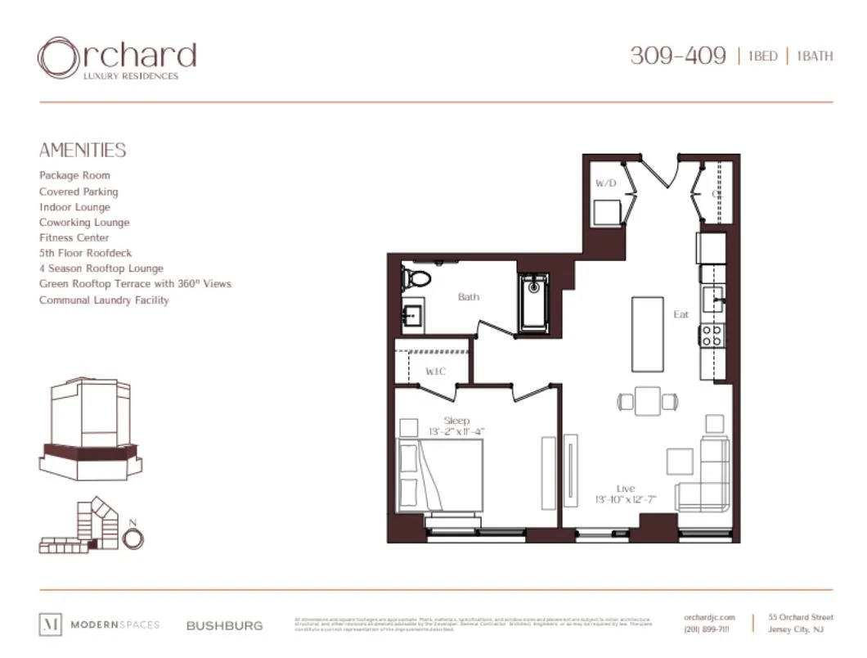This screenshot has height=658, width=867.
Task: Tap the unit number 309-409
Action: (677, 56)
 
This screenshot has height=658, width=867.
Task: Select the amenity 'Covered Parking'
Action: (79, 192)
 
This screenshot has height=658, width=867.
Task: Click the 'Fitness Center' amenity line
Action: (74, 237)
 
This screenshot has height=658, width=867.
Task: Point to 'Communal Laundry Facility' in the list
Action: (104, 300)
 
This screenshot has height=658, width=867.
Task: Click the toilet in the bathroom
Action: (416, 278)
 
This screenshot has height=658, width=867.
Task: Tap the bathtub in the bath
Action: (535, 304)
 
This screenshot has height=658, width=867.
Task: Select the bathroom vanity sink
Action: (411, 314)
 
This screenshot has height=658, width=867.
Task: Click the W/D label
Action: (606, 183)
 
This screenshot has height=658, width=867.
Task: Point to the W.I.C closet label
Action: (434, 372)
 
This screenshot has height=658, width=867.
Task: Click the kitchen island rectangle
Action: (647, 334)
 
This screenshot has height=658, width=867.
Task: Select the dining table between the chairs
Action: (648, 401)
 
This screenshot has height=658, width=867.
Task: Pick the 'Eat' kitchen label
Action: (681, 314)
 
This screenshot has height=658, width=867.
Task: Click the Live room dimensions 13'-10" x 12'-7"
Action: (626, 499)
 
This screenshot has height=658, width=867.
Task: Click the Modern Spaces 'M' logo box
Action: (50, 624)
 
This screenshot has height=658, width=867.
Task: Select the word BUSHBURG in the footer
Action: (225, 625)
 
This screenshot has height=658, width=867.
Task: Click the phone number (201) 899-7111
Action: (708, 629)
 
